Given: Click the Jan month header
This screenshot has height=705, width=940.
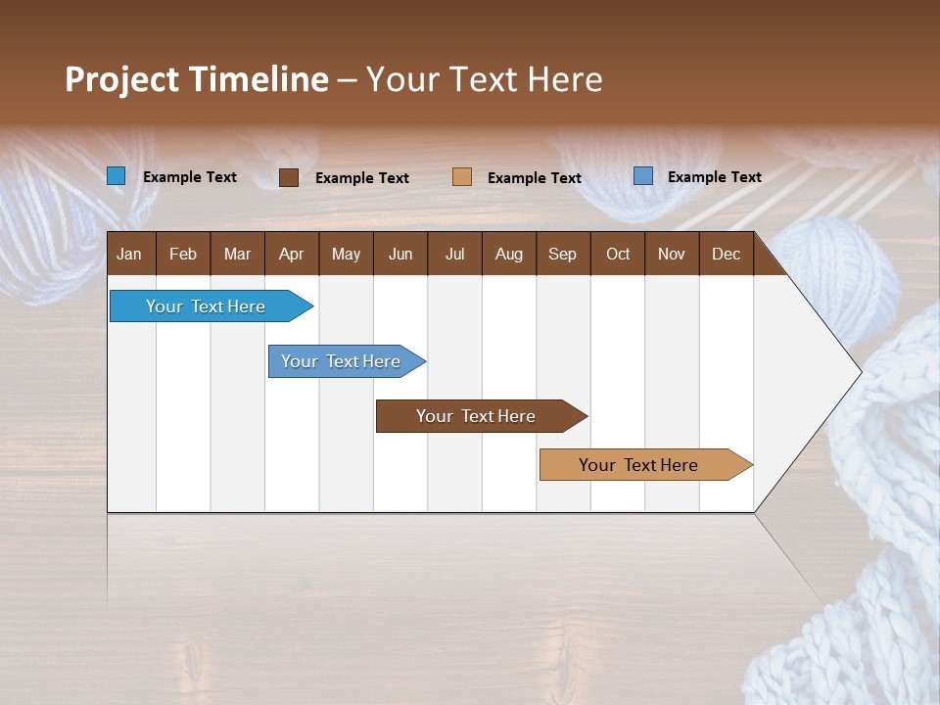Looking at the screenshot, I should [x=130, y=254].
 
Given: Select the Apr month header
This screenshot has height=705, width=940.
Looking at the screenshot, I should [x=291, y=254].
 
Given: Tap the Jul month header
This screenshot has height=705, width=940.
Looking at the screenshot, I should [x=454, y=254].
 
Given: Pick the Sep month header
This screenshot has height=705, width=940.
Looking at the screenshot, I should [x=562, y=254].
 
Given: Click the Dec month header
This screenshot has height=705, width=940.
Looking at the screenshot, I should [x=726, y=254].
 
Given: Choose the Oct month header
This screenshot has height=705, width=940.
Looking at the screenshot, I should [x=617, y=254].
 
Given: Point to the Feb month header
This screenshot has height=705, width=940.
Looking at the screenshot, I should [x=183, y=254].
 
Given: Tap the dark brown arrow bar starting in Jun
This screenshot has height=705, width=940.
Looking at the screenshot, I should [x=477, y=416].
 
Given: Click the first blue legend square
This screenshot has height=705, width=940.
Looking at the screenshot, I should [x=117, y=176].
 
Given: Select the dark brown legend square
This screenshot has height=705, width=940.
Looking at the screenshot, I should [x=289, y=177].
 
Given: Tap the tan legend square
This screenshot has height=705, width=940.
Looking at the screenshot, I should [x=462, y=176].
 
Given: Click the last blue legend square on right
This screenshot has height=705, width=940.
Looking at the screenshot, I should [x=643, y=176].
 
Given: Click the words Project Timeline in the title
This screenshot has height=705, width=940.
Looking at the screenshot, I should [x=196, y=79].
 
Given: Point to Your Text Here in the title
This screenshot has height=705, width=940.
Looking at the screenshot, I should [x=485, y=79].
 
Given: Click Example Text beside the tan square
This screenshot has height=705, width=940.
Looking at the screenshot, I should [x=534, y=177].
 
